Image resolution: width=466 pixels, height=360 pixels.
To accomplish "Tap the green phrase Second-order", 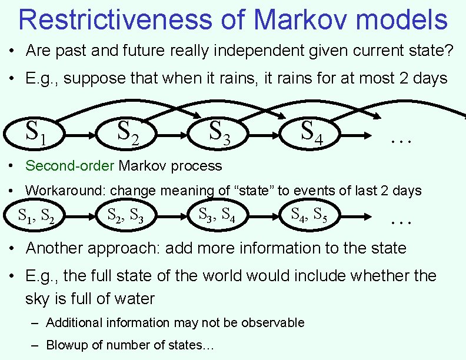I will pyautogui.click(x=70, y=166).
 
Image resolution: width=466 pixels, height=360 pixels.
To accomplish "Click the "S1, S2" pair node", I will pyautogui.click(x=37, y=216).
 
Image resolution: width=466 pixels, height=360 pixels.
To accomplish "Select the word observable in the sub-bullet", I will pyautogui.click(x=278, y=322).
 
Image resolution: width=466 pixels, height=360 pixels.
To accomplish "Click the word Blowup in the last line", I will pyautogui.click(x=66, y=345).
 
